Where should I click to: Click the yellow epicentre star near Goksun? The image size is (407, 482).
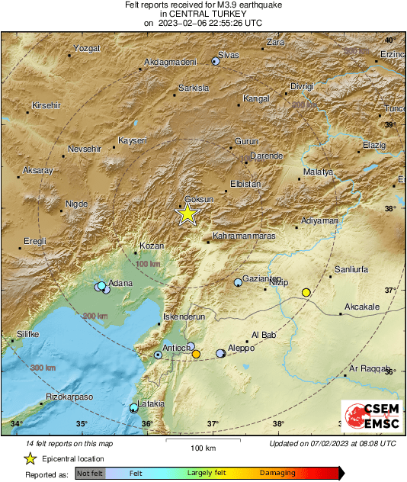(x=187, y=214)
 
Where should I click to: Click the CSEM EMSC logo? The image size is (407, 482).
(x=367, y=418)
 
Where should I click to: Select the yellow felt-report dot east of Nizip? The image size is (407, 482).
(x=306, y=292)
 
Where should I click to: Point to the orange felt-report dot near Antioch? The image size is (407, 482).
(x=196, y=354)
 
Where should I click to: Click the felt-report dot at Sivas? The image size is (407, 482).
(x=216, y=62)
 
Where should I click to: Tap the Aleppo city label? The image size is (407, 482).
(x=242, y=348)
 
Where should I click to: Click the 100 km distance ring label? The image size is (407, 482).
(x=148, y=264)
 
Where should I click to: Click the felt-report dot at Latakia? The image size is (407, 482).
(x=133, y=408)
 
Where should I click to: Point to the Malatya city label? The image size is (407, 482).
(x=319, y=172)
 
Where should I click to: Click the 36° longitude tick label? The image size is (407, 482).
(x=147, y=423)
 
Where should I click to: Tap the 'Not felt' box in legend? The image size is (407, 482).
(x=90, y=474)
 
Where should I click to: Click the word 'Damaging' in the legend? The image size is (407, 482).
(x=277, y=474)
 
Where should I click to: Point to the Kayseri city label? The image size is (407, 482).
(x=132, y=141)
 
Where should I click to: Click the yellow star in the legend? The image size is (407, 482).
(x=30, y=458)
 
